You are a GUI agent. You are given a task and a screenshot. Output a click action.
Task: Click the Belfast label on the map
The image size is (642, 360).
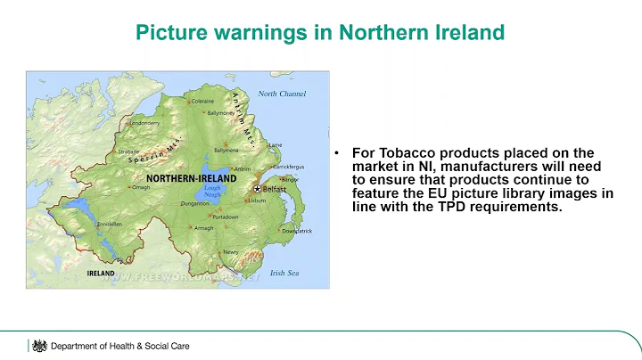pyautogui.click(x=275, y=190)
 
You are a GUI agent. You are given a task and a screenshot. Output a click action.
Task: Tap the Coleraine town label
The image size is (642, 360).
pyautogui.click(x=202, y=101)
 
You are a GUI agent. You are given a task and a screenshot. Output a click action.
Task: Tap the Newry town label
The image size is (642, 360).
pyautogui.click(x=231, y=252)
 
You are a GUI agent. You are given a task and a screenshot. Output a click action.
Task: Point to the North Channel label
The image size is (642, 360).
pyautogui.click(x=281, y=94)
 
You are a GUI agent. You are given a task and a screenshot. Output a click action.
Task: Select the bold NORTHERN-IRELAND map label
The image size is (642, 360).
pyautogui.click(x=191, y=178)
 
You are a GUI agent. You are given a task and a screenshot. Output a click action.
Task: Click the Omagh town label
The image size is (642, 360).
pyautogui.click(x=141, y=187)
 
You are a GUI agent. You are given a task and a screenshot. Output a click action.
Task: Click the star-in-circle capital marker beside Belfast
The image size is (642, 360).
pyautogui.click(x=257, y=190)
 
